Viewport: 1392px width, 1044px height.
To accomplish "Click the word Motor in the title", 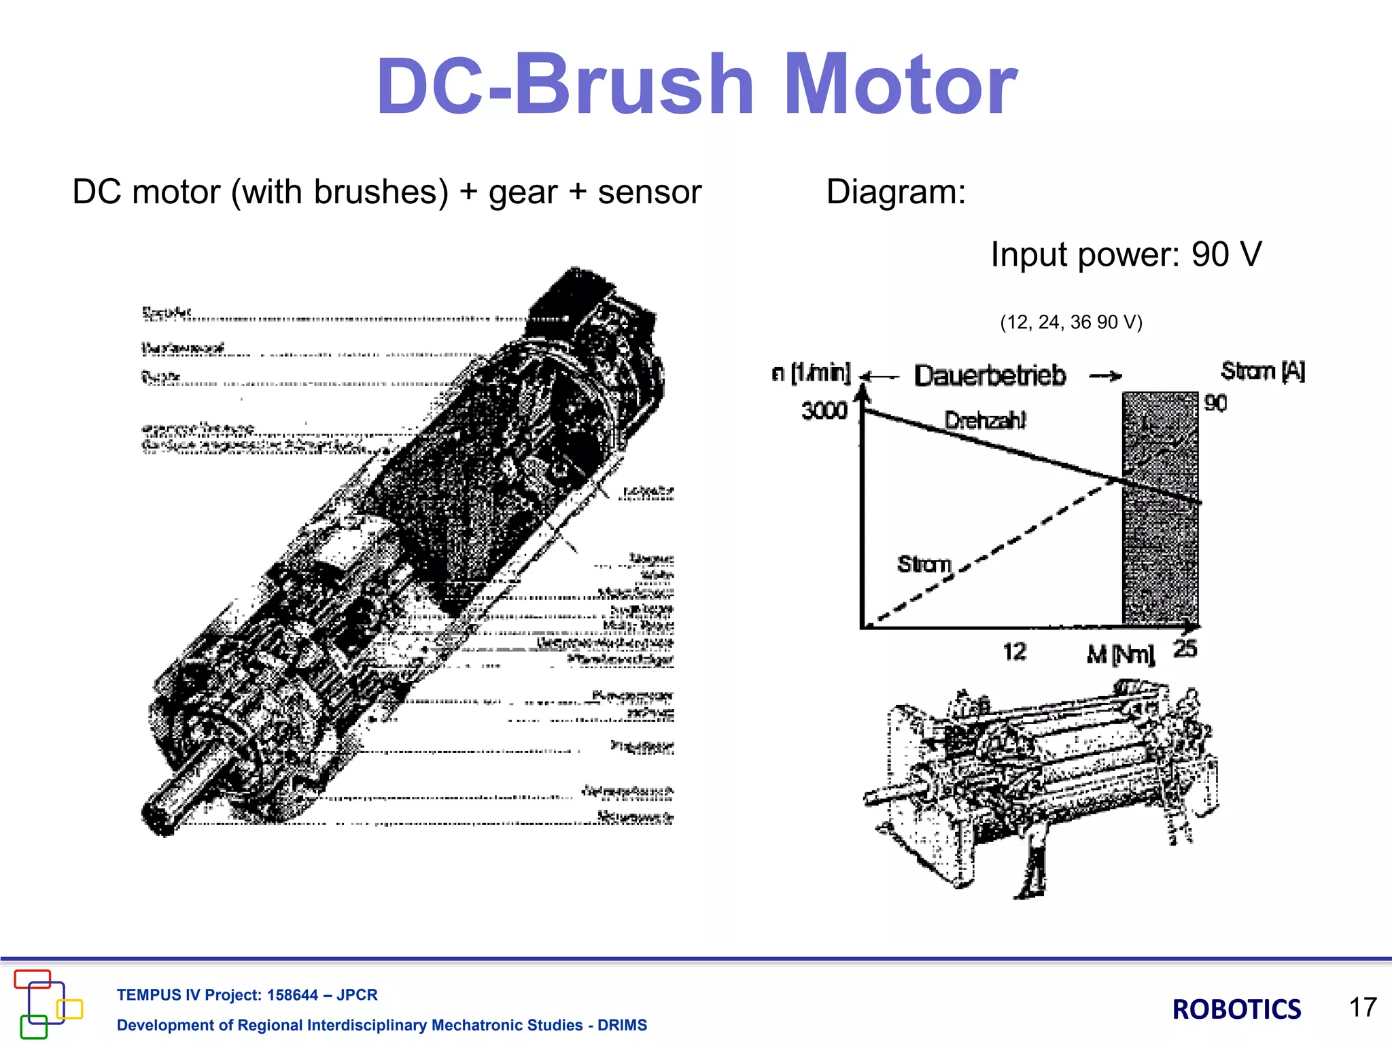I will pos(900,86).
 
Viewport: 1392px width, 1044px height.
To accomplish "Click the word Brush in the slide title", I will pos(633,86).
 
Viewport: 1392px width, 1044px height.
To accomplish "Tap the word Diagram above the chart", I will pos(895,192).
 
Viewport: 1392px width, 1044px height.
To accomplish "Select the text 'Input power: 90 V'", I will pos(1126,255).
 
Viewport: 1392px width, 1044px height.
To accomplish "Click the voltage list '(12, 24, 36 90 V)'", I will pos(1071,321).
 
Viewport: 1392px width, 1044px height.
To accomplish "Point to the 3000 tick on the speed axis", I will pos(824,411).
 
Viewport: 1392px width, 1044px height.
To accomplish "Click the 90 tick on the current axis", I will pos(1215,403).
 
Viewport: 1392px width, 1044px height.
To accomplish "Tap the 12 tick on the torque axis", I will pos(1014,652).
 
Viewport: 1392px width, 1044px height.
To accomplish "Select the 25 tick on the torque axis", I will pos(1185,648).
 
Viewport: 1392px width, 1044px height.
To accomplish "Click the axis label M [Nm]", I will pos(1120,655).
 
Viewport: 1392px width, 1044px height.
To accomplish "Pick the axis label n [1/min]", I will pos(811,372).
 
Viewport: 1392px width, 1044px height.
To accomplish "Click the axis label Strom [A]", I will pos(1262,371).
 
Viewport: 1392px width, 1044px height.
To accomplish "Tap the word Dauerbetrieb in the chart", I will pos(990,375).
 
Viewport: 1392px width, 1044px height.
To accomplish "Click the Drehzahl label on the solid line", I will pos(985,420).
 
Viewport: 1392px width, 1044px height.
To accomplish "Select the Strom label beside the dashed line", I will pos(924,563).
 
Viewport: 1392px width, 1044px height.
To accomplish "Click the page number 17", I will pos(1362,1007).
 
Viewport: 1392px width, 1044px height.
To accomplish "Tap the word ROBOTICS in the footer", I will pos(1236,1009).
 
